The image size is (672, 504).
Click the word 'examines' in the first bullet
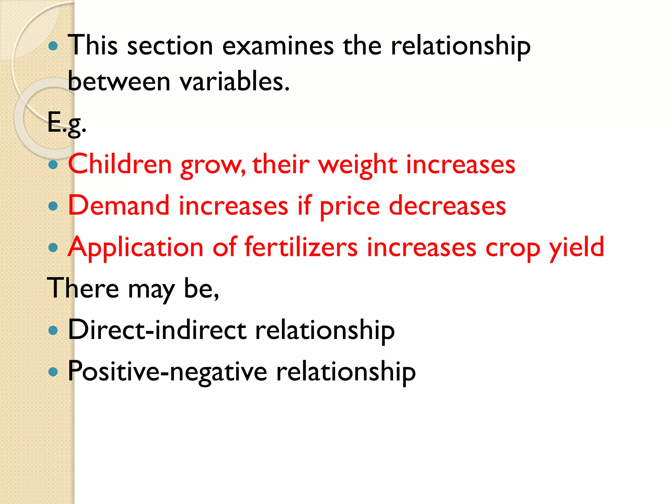click(278, 46)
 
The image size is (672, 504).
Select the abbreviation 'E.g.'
click(67, 123)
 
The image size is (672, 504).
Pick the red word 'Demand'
click(118, 206)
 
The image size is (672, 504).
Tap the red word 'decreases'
click(447, 206)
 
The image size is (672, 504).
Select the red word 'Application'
click(136, 248)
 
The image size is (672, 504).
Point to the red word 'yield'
click(577, 248)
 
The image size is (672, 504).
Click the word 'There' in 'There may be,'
click(83, 288)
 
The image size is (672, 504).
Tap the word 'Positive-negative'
click(167, 372)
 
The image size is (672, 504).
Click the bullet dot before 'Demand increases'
click(53, 206)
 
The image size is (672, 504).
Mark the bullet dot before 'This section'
click(53, 46)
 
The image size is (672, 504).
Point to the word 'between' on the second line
click(119, 82)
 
